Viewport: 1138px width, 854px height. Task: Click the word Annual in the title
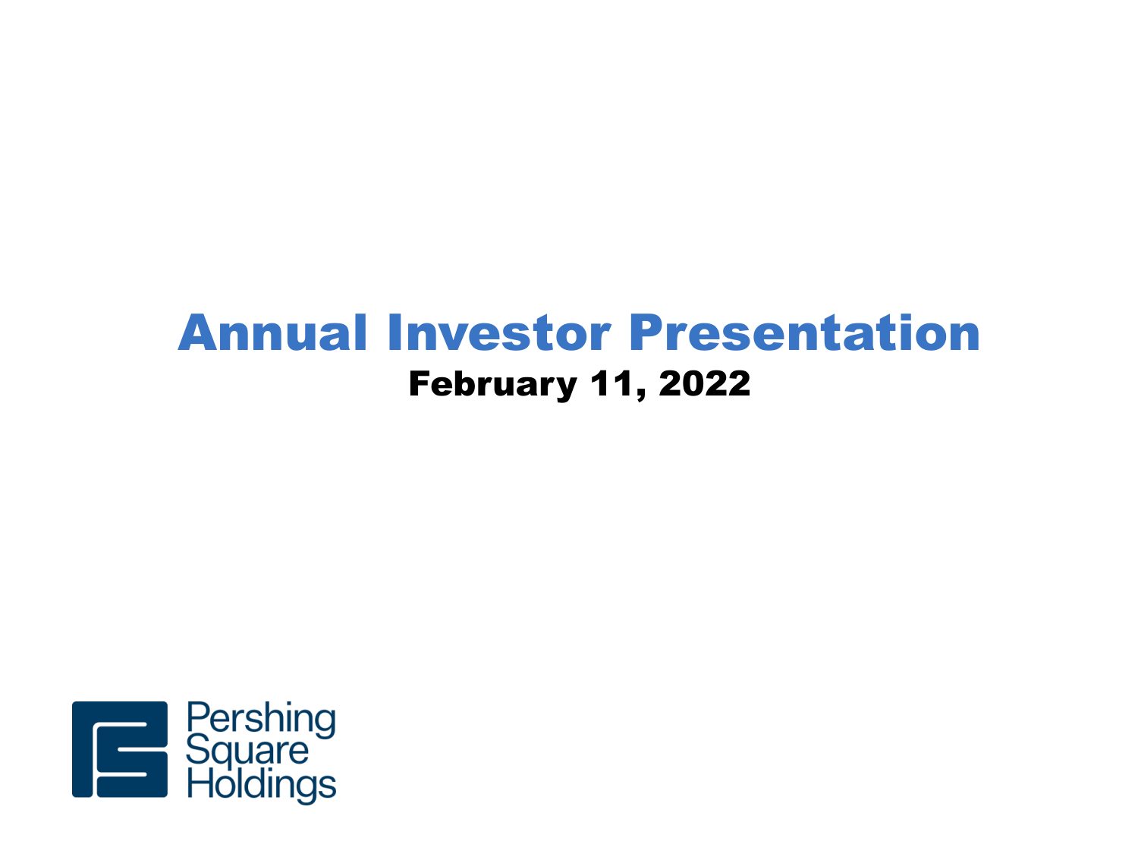coord(272,332)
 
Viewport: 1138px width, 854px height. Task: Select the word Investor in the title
coord(499,332)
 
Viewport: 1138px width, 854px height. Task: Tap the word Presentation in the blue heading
coord(804,332)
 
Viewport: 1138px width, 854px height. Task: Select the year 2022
coord(705,383)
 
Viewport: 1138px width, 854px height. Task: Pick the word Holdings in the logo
coord(262,784)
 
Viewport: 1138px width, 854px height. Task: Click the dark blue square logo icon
coord(120,749)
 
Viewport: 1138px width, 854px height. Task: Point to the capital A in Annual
coord(196,332)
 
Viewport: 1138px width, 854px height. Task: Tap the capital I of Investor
coord(393,332)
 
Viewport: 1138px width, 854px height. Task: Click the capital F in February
coord(420,383)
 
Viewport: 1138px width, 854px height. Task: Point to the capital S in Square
coord(196,749)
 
